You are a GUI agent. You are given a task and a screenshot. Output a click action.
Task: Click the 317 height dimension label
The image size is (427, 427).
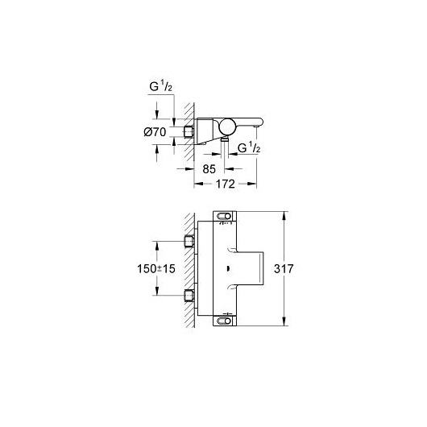(284, 269)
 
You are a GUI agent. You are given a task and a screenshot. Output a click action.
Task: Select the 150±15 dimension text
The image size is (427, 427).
(156, 269)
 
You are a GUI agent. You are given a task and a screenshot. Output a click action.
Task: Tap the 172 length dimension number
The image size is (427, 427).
(226, 184)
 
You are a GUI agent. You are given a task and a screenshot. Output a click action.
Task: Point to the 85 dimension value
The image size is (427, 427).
(209, 169)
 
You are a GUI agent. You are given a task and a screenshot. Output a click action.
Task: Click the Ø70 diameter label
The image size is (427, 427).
(155, 132)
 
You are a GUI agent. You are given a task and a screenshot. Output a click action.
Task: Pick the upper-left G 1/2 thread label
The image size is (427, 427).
(160, 86)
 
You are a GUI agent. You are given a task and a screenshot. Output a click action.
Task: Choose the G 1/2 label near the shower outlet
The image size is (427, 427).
(249, 148)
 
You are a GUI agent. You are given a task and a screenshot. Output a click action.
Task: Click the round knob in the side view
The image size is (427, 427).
(228, 127)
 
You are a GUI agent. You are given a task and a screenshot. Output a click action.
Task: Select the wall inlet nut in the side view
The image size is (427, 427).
(189, 131)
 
